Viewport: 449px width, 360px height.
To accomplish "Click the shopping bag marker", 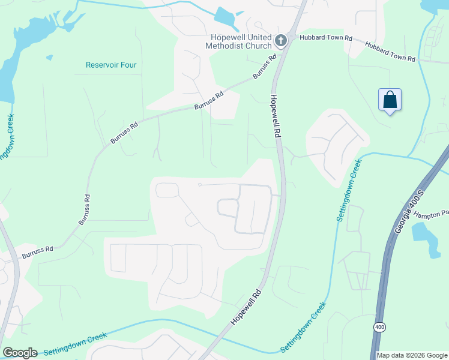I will point(390,100).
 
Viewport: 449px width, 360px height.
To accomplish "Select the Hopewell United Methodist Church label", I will point(238,40).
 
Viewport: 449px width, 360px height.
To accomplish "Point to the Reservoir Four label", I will point(111,65).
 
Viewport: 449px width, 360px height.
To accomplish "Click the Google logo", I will point(20,352).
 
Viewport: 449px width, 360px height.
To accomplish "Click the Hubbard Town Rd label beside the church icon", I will point(318,38).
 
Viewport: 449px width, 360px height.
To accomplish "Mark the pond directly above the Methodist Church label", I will point(226,16).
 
